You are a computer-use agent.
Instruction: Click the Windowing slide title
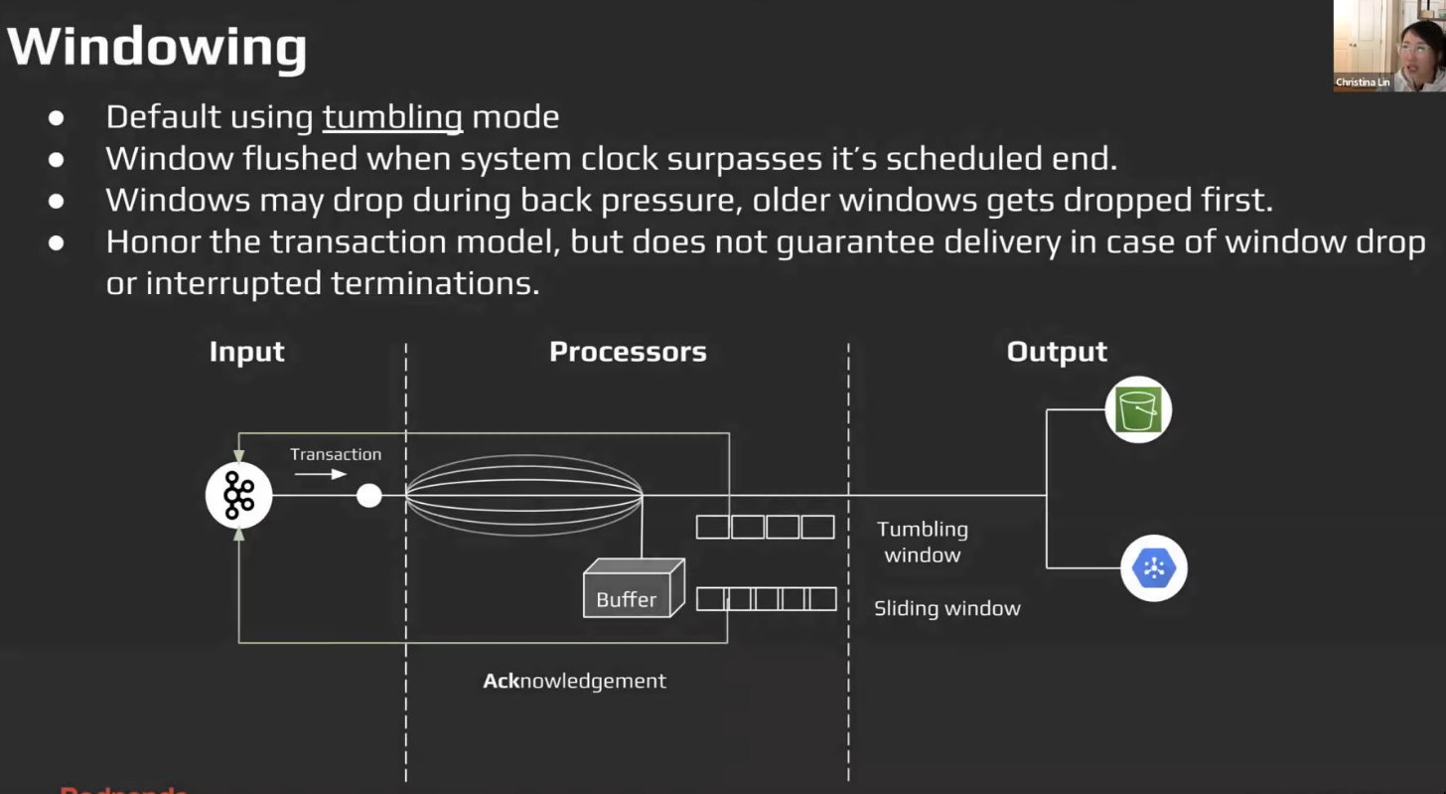click(x=157, y=47)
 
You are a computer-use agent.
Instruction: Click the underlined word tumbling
click(x=392, y=117)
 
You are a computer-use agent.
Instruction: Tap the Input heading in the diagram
click(x=246, y=352)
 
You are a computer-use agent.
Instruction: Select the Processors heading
click(x=628, y=352)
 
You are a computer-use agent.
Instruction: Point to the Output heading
click(x=1056, y=352)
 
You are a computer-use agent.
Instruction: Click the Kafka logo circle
click(x=238, y=495)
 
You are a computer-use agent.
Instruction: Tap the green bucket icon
click(x=1138, y=409)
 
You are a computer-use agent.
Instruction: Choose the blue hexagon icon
click(x=1153, y=568)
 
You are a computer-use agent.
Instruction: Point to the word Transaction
click(x=336, y=454)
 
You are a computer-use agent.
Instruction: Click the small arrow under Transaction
click(x=320, y=474)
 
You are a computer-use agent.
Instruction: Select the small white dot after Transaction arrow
click(x=368, y=495)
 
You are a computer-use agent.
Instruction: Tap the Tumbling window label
click(x=922, y=542)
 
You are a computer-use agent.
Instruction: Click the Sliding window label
click(x=946, y=608)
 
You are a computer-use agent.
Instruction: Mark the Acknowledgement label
click(x=574, y=681)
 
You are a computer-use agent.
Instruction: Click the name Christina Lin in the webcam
click(x=1363, y=82)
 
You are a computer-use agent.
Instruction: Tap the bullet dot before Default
click(x=57, y=117)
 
